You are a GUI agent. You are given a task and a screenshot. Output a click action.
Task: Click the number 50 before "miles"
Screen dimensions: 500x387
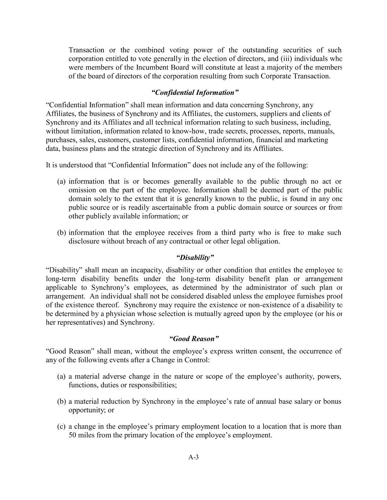click(73, 436)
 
